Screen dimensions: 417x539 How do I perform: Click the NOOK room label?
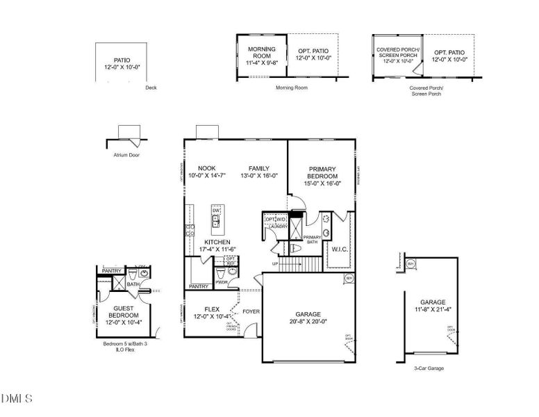(206, 168)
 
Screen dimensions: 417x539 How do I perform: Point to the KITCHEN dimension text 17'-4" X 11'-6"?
(217, 249)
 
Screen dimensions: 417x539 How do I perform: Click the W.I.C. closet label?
(340, 249)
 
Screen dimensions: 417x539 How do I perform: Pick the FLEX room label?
(212, 309)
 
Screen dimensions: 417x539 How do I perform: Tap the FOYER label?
(251, 311)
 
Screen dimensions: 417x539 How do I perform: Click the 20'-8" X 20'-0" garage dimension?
(308, 321)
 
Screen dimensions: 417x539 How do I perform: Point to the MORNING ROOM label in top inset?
(262, 53)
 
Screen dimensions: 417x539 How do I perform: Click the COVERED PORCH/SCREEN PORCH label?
(395, 53)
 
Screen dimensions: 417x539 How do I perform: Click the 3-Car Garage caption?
(430, 368)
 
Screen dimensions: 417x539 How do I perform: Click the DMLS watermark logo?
(17, 398)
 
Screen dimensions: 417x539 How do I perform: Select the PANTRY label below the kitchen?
(199, 286)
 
